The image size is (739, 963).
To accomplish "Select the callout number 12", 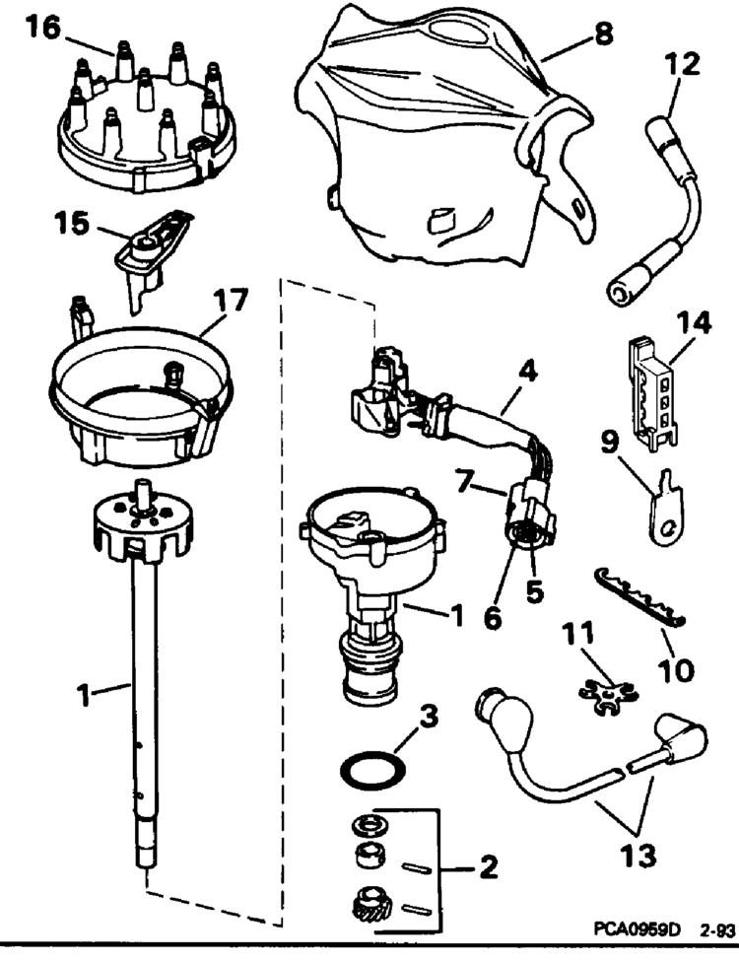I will pos(682,66).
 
